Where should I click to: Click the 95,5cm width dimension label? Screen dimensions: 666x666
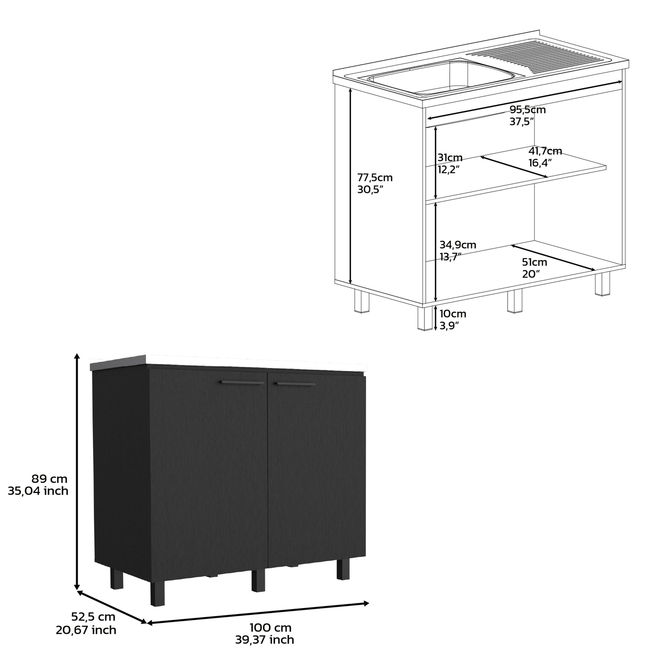527,110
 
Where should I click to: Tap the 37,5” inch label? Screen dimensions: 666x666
522,122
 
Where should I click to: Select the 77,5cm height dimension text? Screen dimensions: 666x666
375,178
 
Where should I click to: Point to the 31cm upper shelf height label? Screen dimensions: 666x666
449,158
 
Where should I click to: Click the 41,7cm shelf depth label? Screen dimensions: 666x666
545,151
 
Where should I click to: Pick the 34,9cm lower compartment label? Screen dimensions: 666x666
458,245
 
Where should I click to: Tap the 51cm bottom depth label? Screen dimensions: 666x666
534,262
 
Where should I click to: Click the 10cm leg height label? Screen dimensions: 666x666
453,314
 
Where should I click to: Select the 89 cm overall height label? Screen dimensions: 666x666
49,479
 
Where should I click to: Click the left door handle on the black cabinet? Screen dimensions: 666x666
241,382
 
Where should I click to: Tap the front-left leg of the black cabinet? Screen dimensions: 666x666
157,593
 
